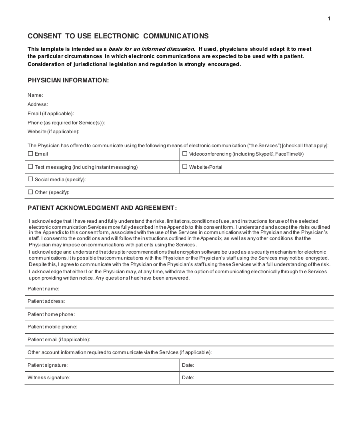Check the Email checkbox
tap(30, 154)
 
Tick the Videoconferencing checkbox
tap(185, 154)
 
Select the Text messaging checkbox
tap(30, 167)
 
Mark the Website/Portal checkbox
tap(185, 167)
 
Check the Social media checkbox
tap(30, 179)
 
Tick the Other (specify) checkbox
tap(30, 192)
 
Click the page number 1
tap(329, 18)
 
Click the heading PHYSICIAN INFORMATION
tap(68, 80)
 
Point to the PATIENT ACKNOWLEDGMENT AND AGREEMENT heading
tap(102, 208)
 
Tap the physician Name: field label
tap(35, 95)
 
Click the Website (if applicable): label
tap(53, 132)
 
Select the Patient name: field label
tap(43, 289)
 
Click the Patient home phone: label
tap(51, 314)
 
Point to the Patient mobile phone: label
tap(52, 327)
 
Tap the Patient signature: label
tap(47, 365)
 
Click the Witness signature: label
tap(48, 378)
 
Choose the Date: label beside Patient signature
tap(188, 365)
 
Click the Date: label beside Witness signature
tap(188, 378)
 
